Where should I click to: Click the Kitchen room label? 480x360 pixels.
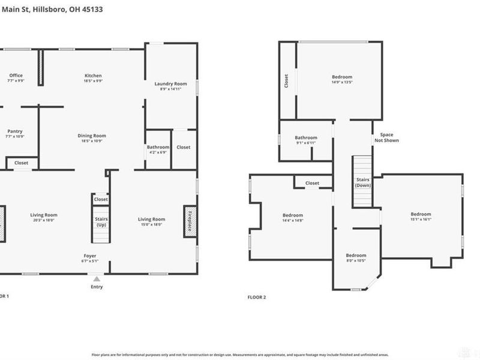point(93,76)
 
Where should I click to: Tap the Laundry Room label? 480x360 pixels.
point(171,84)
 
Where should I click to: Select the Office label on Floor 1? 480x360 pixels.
point(16,76)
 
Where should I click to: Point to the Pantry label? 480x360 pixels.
point(15,131)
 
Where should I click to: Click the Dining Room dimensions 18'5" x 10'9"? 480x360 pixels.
point(92,141)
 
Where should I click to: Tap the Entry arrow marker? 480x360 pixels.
point(97,279)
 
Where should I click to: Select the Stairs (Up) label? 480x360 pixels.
point(101,222)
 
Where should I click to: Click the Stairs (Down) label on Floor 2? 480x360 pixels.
point(362,182)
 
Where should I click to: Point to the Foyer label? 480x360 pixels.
point(90,256)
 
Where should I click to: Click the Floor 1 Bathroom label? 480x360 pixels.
point(158,147)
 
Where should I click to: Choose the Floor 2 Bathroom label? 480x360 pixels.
point(305,138)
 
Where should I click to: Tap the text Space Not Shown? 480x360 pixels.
point(386,138)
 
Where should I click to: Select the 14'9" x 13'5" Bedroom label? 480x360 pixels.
point(342,77)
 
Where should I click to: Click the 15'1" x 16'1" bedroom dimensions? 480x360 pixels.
point(421,220)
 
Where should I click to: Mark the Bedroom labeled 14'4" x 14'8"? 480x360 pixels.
point(293,215)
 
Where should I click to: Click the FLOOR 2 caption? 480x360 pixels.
point(257,296)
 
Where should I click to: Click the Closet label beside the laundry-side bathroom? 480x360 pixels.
point(184,147)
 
